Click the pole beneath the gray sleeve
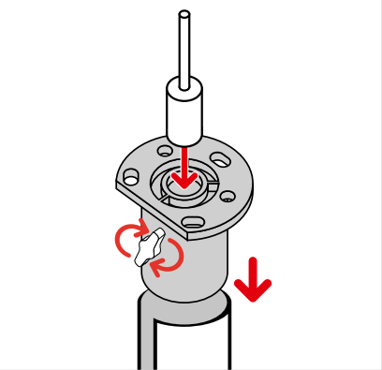187,337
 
